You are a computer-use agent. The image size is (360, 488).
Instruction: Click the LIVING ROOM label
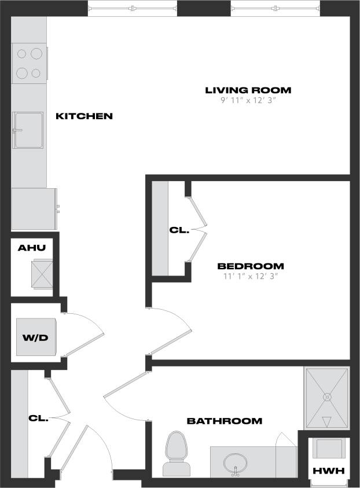point(248,90)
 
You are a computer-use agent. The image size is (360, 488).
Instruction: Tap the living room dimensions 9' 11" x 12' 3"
point(248,100)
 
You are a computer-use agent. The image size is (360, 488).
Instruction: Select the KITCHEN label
point(84,116)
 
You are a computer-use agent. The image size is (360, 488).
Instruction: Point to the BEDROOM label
point(251,266)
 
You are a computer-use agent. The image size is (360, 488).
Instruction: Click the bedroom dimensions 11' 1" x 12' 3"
point(251,276)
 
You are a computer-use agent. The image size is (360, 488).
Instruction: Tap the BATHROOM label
point(224,421)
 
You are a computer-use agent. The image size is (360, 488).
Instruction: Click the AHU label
point(32,248)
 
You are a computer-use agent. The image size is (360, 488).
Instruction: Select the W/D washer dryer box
point(36,337)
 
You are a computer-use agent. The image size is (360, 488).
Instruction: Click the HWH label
point(328,471)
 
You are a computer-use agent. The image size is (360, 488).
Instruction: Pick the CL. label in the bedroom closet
point(179,230)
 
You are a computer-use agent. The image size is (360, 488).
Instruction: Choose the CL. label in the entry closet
point(38,417)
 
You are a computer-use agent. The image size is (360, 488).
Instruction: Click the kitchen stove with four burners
point(30,63)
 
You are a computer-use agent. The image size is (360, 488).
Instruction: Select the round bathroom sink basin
point(236,463)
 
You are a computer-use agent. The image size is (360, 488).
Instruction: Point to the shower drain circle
point(326,397)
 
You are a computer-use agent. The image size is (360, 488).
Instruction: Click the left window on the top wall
point(132,8)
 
